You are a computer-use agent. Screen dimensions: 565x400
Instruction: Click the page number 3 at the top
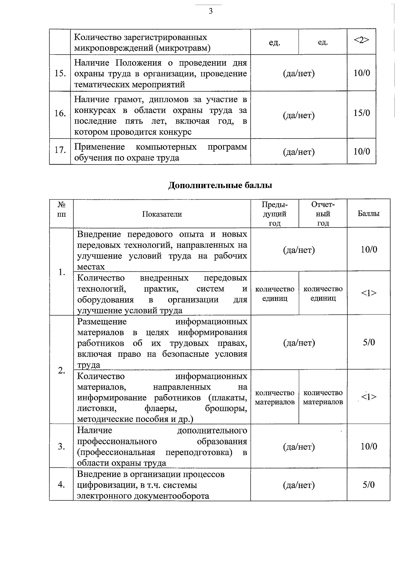point(210,12)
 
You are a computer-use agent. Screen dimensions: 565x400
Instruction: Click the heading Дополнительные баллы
point(220,185)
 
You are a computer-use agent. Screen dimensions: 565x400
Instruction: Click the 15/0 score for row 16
point(362,113)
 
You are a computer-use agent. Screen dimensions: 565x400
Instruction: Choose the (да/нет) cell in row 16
point(299,116)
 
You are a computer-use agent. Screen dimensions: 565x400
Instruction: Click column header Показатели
point(162,214)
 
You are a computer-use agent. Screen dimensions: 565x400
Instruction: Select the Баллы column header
point(368,214)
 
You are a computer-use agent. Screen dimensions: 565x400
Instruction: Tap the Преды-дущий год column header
point(275,214)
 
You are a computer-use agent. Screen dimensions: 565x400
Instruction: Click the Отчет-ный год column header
point(323,214)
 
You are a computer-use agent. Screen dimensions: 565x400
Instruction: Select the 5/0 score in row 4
point(369,485)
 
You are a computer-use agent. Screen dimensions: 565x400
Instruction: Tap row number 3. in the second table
point(61,446)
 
